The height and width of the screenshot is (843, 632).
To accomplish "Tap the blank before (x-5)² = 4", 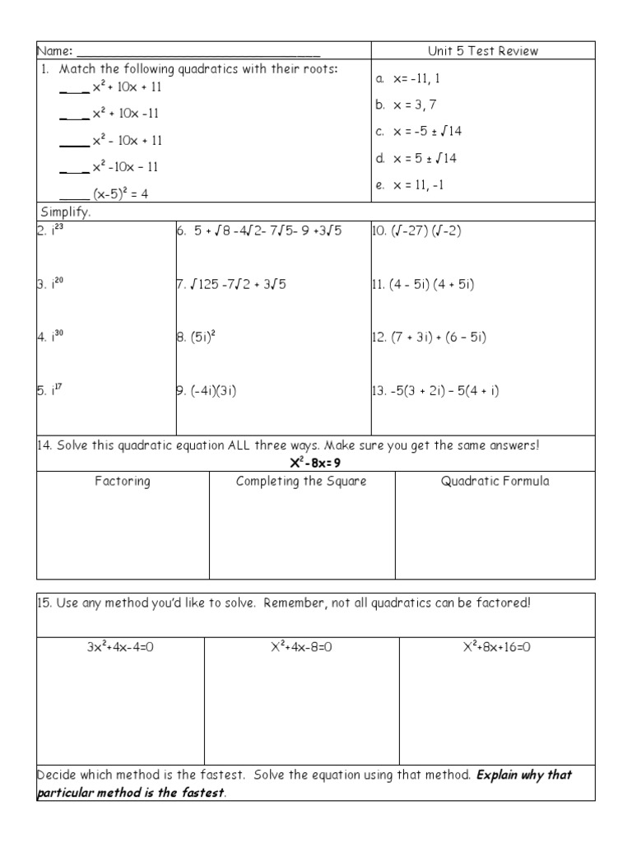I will click(x=74, y=195).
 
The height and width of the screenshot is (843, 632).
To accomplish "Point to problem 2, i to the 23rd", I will click(x=50, y=231).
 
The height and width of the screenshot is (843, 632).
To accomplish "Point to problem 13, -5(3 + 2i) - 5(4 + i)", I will click(x=435, y=391).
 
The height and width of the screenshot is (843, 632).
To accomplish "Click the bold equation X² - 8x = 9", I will click(x=316, y=463).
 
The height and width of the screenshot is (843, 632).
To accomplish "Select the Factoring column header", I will click(x=123, y=482).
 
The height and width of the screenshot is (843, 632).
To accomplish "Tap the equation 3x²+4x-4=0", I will click(x=121, y=647).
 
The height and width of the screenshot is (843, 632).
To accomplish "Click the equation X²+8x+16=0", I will click(x=496, y=647).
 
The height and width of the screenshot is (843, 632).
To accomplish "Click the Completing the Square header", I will click(x=301, y=482).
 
